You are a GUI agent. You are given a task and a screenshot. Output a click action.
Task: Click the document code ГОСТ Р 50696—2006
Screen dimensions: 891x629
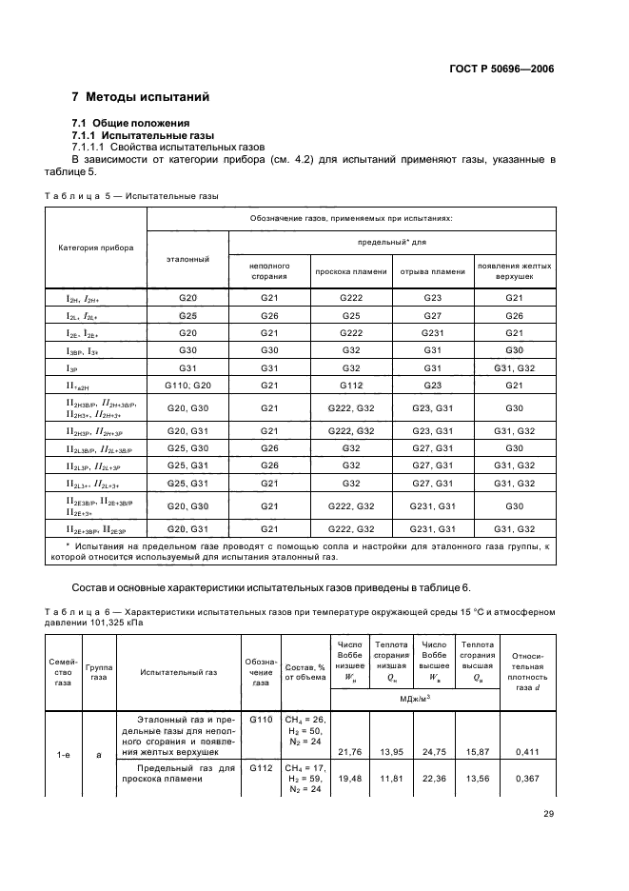tap(501, 69)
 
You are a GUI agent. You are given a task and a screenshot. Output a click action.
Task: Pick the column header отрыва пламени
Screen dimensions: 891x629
tap(433, 271)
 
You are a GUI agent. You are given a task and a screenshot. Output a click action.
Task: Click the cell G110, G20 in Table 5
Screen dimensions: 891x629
tap(187, 385)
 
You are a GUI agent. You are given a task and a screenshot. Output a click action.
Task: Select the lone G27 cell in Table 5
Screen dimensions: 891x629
tap(433, 315)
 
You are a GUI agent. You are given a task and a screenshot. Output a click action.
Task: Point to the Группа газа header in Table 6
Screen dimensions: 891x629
tap(98, 671)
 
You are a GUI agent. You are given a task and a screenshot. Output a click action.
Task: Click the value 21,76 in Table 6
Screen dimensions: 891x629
tap(348, 752)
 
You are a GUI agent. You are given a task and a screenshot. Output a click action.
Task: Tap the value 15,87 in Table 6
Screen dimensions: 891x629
tap(477, 752)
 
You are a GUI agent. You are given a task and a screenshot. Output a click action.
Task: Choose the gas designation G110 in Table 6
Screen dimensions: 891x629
tap(260, 720)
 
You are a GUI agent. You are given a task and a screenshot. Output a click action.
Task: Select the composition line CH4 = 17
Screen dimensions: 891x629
tap(308, 766)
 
